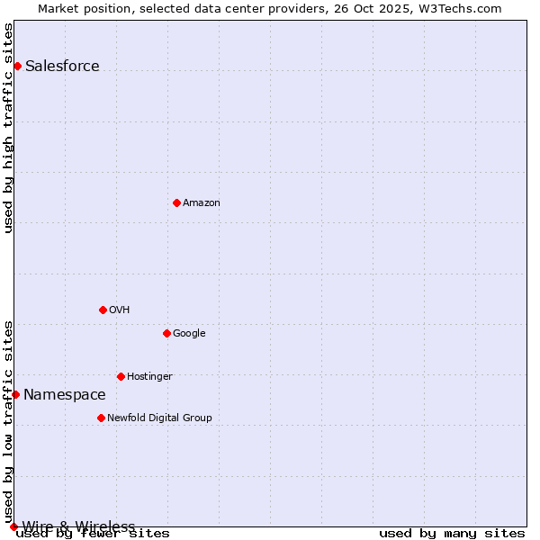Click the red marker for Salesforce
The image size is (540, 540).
coord(17,66)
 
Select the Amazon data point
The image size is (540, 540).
coord(176,202)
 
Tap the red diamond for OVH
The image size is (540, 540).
coord(103,310)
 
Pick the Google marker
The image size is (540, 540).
coord(166,333)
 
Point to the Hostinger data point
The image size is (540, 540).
coord(121,376)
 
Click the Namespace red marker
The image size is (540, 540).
coord(15,394)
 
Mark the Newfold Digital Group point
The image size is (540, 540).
coord(101,418)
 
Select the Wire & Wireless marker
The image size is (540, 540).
coord(13,526)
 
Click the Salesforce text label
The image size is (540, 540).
coord(62,66)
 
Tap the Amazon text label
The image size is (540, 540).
coord(202,202)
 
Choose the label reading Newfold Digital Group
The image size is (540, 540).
coord(159,418)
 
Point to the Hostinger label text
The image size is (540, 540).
coord(149,376)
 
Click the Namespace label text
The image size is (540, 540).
coord(65,394)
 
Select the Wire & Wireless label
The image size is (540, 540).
coord(78,526)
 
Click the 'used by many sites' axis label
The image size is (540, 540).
coord(452,534)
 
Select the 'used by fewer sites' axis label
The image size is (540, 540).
coord(93,534)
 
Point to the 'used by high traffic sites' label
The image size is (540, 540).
coord(8,128)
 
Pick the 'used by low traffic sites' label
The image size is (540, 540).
coord(8,422)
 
